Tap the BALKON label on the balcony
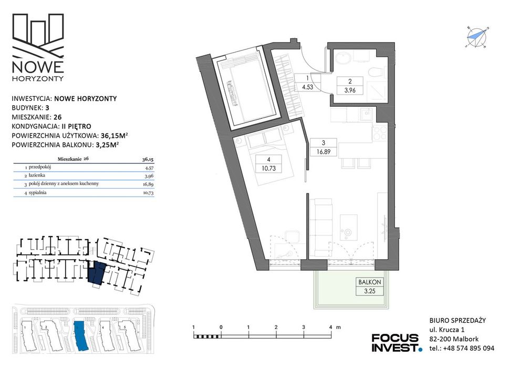click(x=370, y=282)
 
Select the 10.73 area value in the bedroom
click(x=268, y=168)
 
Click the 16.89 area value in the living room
click(x=324, y=152)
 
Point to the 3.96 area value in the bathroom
click(x=350, y=90)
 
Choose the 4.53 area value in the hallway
click(x=307, y=88)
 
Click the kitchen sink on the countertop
click(x=367, y=115)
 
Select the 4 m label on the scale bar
click(x=334, y=327)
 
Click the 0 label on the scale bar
click(x=221, y=327)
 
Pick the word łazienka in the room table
click(x=36, y=175)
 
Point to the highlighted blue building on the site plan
click(x=80, y=336)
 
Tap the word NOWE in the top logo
click(x=37, y=67)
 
